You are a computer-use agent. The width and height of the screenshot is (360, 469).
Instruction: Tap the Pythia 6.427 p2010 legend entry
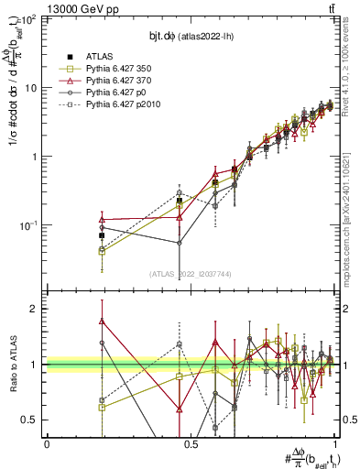(122, 105)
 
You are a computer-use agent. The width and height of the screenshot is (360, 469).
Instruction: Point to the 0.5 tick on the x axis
(191, 443)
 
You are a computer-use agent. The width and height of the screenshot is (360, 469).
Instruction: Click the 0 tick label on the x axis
(47, 443)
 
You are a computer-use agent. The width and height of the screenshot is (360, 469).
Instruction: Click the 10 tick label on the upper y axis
(32, 88)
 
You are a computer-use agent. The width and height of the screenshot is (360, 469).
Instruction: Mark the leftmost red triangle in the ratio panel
(102, 322)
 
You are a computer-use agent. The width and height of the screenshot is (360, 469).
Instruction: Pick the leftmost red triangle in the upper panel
(102, 220)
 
